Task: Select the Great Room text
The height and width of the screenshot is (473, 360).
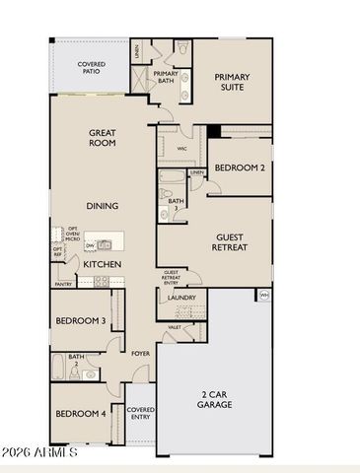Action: [x=103, y=137]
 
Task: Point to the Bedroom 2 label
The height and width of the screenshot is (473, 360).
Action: [x=239, y=168]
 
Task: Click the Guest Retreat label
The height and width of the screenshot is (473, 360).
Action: [x=238, y=242]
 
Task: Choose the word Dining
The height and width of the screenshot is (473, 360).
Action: [x=103, y=206]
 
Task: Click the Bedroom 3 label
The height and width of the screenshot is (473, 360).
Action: [x=80, y=321]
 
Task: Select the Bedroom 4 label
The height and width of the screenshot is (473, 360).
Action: [x=80, y=414]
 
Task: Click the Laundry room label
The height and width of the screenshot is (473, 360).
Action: [x=181, y=298]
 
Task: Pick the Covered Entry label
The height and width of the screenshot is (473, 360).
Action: [x=141, y=413]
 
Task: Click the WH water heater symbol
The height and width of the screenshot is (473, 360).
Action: [x=263, y=294]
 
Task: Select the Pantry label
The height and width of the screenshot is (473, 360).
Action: [x=63, y=284]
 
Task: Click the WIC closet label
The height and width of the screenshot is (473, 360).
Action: [x=182, y=148]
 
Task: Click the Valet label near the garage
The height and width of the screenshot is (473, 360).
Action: [x=174, y=326]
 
